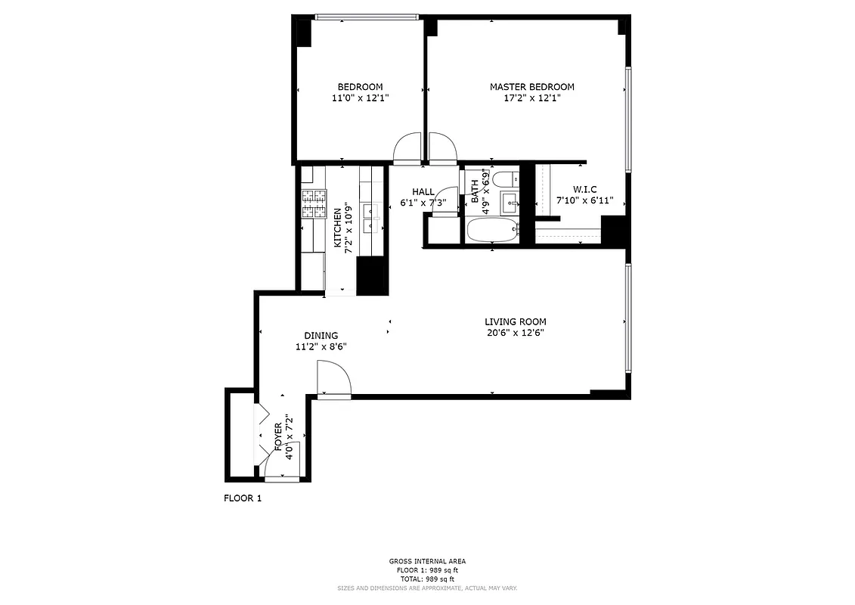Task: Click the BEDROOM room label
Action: pos(360,87)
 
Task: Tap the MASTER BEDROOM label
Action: pos(531,87)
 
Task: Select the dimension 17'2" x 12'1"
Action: pos(531,98)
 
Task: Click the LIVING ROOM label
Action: pos(515,321)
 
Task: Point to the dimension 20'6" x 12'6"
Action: pos(515,333)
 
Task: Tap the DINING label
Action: pos(321,336)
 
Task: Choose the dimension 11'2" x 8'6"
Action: pos(321,347)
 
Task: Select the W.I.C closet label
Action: pos(584,189)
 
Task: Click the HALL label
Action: pos(423,191)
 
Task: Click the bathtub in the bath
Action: pos(491,231)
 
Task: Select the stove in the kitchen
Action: pos(314,203)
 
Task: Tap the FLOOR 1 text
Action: pos(242,498)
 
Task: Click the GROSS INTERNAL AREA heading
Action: pos(427,561)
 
